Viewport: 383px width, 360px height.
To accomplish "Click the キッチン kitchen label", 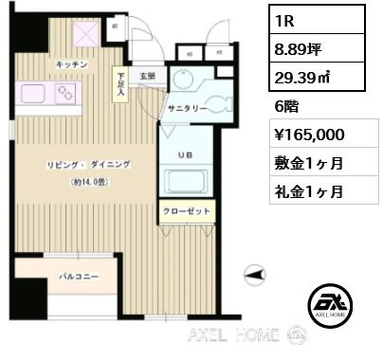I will point(72,63).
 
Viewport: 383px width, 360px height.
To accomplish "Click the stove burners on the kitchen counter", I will point(66,93).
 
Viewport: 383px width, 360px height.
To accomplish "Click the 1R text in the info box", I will point(285,20).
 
